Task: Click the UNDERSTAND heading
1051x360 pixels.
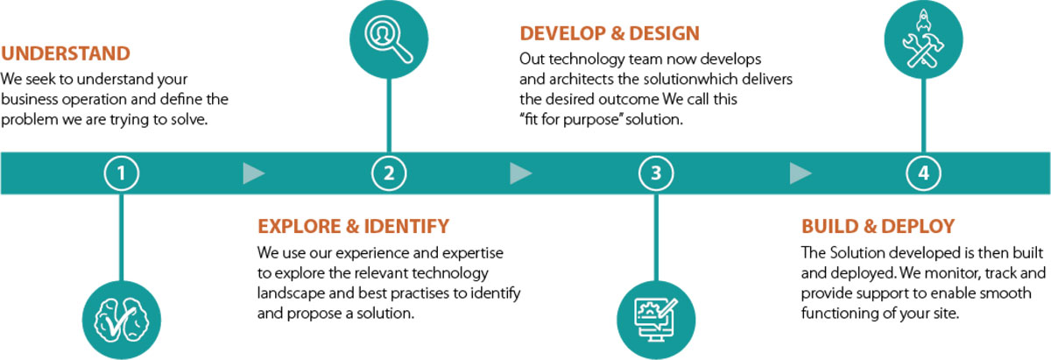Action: click(x=66, y=53)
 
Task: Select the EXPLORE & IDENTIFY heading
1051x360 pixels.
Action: click(x=353, y=226)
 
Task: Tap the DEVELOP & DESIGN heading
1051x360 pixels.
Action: click(x=610, y=33)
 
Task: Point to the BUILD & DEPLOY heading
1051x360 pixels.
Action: click(x=878, y=226)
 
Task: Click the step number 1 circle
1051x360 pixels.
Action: click(x=122, y=173)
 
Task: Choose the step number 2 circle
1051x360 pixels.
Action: click(x=389, y=173)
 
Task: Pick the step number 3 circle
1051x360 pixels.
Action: click(x=656, y=173)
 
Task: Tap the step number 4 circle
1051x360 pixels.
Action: click(x=923, y=173)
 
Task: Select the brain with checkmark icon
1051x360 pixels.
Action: click(x=122, y=321)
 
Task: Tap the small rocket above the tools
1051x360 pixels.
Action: click(x=923, y=21)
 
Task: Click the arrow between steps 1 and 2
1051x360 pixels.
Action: click(x=254, y=173)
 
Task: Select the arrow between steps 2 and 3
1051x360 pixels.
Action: click(x=521, y=173)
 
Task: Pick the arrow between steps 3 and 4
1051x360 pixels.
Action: click(x=801, y=173)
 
